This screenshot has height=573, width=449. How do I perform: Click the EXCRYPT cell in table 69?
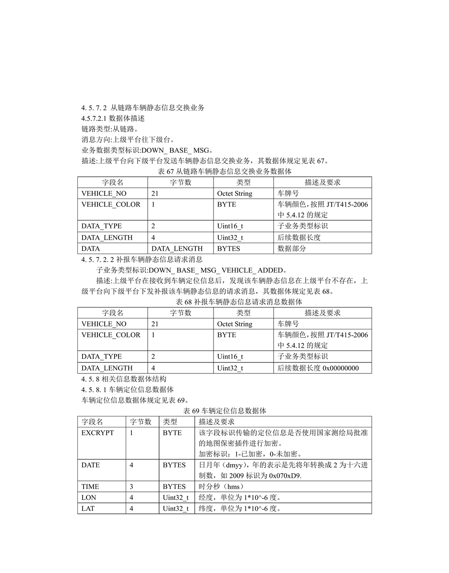click(98, 433)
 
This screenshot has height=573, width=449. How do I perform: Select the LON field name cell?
click(89, 498)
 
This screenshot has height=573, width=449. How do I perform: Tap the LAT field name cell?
click(88, 509)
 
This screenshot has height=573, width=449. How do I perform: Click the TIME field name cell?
click(90, 487)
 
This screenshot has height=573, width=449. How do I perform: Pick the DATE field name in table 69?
click(91, 465)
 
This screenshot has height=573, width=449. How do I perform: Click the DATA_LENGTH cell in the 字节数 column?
click(177, 249)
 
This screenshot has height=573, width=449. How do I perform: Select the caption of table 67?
click(224, 171)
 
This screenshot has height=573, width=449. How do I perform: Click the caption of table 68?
click(224, 302)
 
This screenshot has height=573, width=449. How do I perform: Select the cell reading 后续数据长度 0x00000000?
click(318, 368)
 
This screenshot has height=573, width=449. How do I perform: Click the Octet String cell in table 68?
click(235, 324)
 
